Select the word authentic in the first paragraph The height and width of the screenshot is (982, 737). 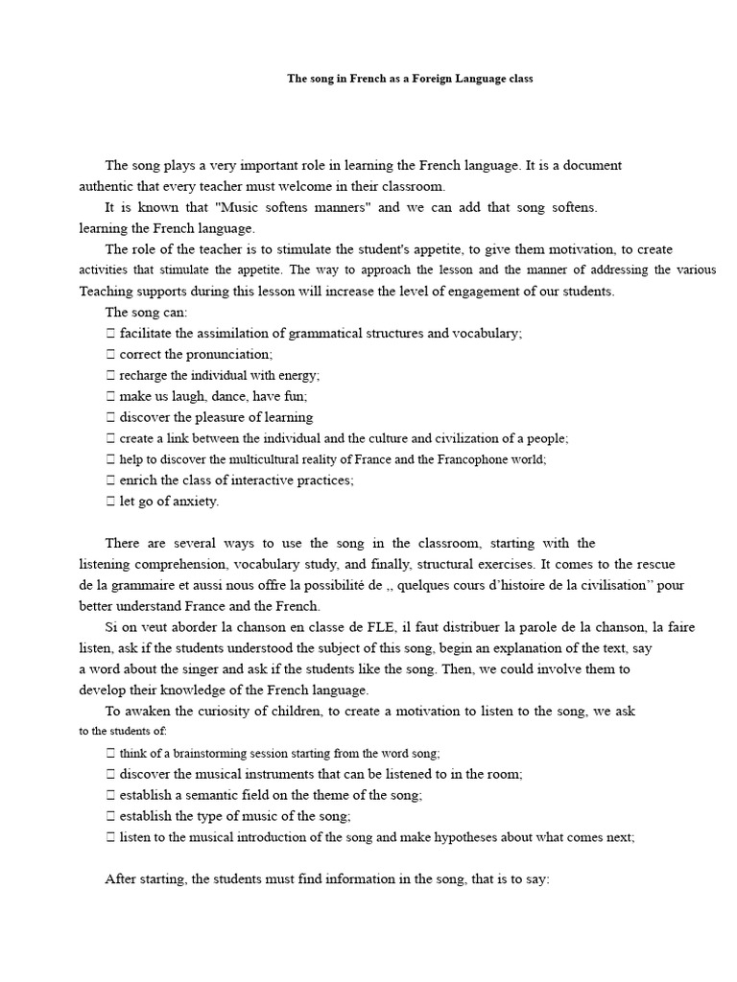coord(109,186)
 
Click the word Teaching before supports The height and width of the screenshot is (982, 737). coord(110,291)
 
